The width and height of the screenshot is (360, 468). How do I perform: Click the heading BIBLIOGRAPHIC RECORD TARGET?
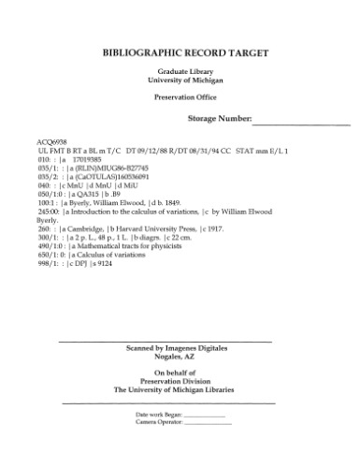(180, 53)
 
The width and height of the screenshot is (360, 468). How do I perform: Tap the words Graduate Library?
(180, 72)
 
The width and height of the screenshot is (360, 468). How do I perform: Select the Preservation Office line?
(180, 99)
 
